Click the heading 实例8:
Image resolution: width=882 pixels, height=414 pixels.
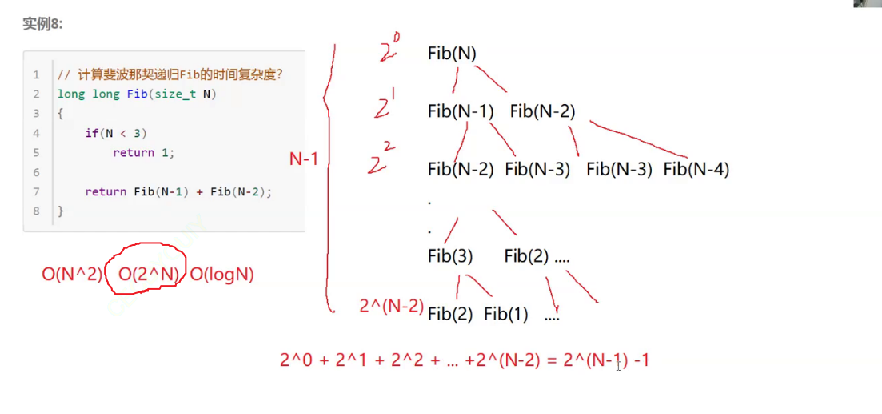(x=42, y=24)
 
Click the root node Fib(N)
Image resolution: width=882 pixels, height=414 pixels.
(x=452, y=54)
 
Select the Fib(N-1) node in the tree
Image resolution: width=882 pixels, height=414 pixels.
(x=461, y=111)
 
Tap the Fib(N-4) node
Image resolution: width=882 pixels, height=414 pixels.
(x=696, y=169)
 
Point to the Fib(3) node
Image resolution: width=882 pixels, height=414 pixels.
(x=450, y=256)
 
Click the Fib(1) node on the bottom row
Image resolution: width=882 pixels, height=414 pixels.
(x=505, y=314)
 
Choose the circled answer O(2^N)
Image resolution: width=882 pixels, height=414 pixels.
(x=149, y=275)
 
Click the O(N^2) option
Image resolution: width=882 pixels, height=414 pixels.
(x=72, y=275)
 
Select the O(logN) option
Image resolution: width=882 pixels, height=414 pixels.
(x=221, y=275)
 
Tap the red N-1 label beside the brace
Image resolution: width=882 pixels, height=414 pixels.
(x=304, y=159)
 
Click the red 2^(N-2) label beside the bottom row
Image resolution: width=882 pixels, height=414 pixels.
(x=392, y=305)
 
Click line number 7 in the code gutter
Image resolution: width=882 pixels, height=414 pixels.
(x=36, y=191)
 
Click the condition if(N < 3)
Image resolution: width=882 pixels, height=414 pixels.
(x=116, y=133)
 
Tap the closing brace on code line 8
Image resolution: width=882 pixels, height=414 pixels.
(x=61, y=211)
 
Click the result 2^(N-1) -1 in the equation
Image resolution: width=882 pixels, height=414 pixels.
(x=606, y=360)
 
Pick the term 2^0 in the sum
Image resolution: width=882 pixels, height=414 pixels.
(x=294, y=360)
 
